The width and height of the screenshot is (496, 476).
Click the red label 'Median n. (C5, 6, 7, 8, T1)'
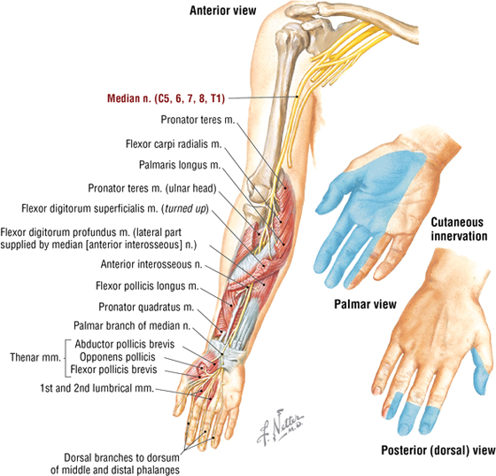(167, 98)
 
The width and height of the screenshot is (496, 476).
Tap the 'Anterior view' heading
(222, 11)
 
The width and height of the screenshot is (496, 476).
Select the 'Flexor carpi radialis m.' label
(174, 144)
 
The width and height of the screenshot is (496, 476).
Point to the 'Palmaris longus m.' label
(180, 165)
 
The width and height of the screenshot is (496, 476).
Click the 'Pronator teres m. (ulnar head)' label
(152, 188)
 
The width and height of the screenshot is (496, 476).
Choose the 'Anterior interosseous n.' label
(151, 264)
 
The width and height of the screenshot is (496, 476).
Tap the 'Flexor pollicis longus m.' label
(147, 286)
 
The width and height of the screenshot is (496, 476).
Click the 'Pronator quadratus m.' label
(146, 307)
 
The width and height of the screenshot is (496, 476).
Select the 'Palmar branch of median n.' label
(132, 325)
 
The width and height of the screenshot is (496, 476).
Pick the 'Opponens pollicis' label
(117, 357)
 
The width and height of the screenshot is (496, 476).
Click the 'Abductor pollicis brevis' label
(125, 344)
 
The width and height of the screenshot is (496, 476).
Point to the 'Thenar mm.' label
(35, 357)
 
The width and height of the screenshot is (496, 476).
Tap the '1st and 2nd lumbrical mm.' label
(97, 388)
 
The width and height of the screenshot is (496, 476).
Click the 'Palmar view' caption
(365, 304)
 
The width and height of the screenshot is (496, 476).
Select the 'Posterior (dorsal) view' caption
(438, 450)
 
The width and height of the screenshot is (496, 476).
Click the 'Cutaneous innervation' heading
(459, 230)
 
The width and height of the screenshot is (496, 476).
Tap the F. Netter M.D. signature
(279, 427)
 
